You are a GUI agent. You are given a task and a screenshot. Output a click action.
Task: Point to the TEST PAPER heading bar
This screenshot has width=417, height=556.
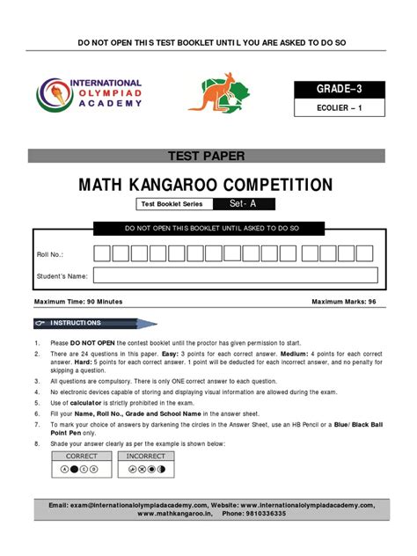point(208,157)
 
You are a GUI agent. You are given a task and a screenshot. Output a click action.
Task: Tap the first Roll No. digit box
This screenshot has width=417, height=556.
point(102,253)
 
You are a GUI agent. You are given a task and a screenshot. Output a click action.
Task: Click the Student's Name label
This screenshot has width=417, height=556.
point(62,276)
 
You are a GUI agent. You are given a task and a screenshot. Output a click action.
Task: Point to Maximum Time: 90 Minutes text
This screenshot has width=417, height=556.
point(78,302)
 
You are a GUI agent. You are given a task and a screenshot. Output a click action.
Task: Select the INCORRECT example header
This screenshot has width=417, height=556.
point(145,457)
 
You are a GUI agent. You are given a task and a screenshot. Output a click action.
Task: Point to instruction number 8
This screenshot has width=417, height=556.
point(36,443)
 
